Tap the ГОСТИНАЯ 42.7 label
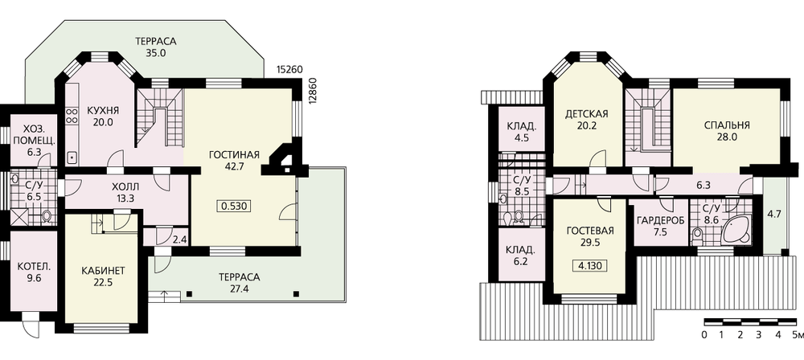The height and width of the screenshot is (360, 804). click(234, 160)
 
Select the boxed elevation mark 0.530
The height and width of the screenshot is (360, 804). click(234, 207)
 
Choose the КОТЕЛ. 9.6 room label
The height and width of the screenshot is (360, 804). click(33, 273)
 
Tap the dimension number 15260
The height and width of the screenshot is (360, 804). click(289, 70)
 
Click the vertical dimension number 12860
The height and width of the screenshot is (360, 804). click(314, 91)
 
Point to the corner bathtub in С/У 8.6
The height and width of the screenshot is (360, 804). click(736, 229)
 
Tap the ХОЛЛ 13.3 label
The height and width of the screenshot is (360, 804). click(125, 192)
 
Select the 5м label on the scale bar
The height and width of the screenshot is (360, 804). click(798, 336)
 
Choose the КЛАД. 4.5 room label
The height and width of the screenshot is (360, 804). click(522, 133)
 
